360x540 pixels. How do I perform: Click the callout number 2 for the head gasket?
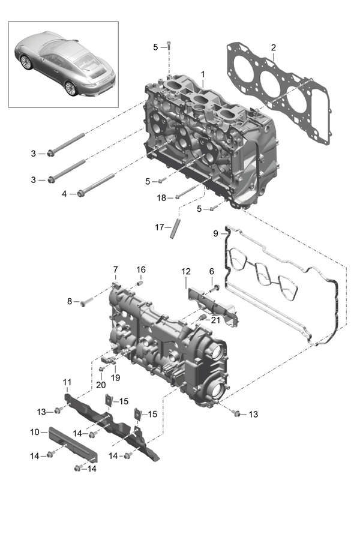[x=273, y=47]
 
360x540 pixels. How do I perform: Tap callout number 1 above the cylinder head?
[x=203, y=74]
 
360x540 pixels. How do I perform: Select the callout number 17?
[x=159, y=227]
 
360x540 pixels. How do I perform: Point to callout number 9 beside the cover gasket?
[x=215, y=233]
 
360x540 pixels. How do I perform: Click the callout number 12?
[x=185, y=271]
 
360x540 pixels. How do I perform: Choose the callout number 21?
[x=215, y=320]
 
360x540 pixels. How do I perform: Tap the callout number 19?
[x=115, y=377]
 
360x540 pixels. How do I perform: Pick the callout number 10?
[x=35, y=431]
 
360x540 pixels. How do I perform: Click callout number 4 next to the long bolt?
[x=64, y=194]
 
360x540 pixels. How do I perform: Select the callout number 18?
[x=161, y=197]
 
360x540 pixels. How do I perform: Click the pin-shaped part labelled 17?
[x=175, y=227]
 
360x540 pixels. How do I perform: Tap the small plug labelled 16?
[x=140, y=283]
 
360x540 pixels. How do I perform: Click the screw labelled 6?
[x=214, y=289]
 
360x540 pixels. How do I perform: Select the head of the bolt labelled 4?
[x=80, y=193]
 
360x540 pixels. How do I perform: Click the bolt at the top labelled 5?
[x=169, y=45]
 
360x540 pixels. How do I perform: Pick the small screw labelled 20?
[x=101, y=369]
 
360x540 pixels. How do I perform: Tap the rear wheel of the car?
[x=71, y=88]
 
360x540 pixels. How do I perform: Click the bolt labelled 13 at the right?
[x=236, y=413]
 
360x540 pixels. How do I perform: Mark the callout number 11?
[x=67, y=382]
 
